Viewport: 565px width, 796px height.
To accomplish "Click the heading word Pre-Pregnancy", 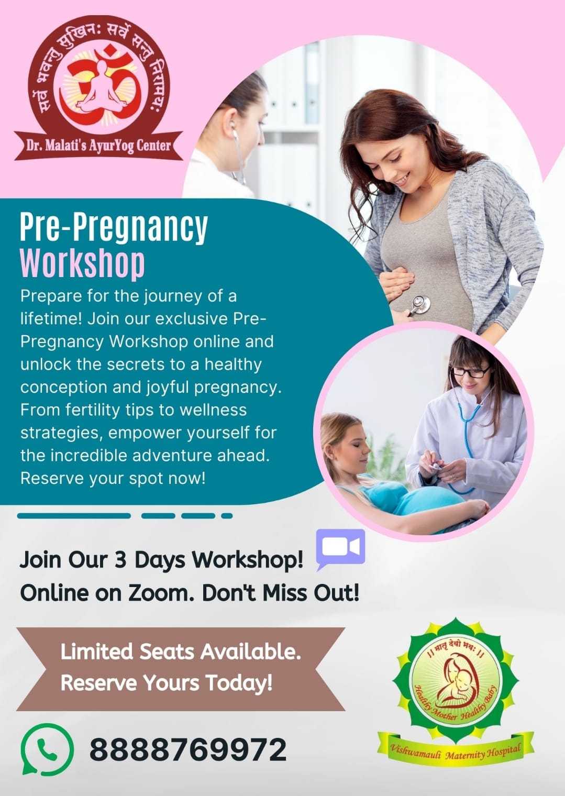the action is [114, 228].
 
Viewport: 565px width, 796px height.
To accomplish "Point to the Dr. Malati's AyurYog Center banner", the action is [98, 146].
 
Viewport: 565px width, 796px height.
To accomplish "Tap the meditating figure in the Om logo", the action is [102, 88].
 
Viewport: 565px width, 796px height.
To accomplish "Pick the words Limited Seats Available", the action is [181, 651].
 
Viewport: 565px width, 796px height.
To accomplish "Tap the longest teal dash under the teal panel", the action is [74, 516].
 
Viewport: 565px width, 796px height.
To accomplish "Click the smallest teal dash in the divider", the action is [227, 516].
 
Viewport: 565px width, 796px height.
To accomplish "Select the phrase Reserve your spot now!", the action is [113, 479].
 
